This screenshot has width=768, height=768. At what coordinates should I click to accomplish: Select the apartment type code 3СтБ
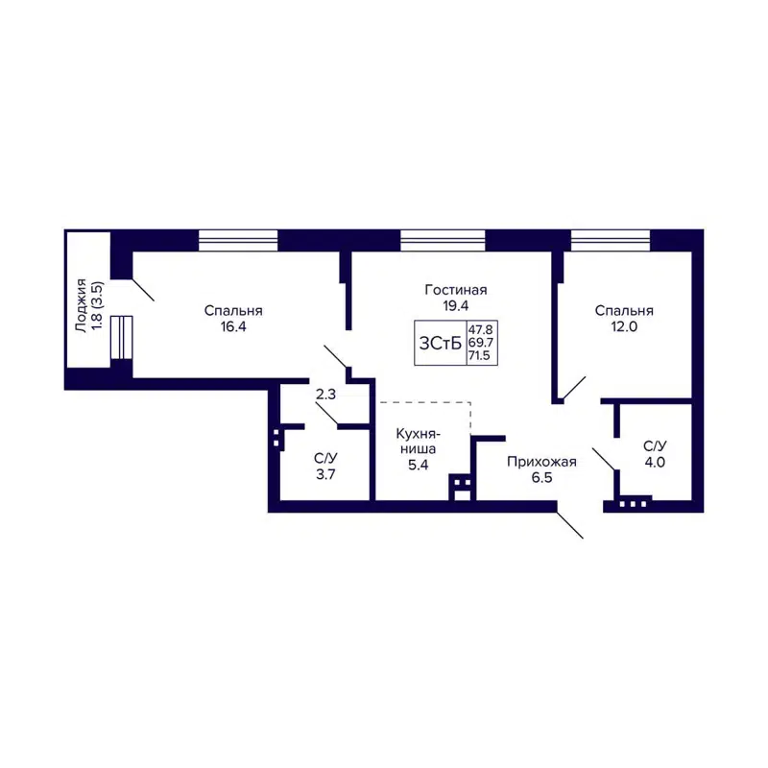click(440, 343)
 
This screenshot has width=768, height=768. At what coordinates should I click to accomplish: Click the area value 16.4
click(233, 326)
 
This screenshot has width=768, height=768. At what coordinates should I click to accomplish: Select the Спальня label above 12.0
click(624, 310)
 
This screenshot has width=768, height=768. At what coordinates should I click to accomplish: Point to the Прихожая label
click(541, 462)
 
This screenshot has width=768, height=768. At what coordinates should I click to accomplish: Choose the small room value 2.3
click(325, 393)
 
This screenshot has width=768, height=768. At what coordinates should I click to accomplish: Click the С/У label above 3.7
click(325, 458)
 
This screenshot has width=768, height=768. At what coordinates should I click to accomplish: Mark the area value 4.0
click(655, 462)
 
